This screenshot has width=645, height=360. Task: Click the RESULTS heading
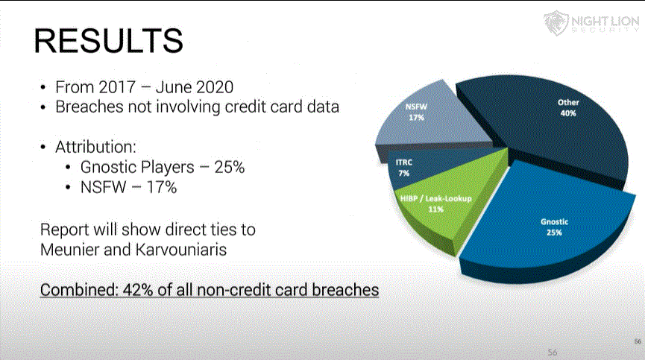[108, 41]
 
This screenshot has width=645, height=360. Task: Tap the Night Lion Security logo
[591, 22]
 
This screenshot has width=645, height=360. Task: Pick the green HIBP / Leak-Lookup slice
[444, 206]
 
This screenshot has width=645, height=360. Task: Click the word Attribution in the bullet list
[95, 147]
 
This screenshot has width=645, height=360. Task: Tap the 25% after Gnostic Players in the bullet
[230, 167]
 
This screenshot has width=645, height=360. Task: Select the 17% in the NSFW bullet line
[162, 187]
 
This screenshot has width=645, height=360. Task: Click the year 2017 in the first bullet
[117, 87]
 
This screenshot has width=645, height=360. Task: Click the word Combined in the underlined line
[79, 290]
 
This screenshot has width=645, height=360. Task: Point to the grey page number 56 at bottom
[553, 353]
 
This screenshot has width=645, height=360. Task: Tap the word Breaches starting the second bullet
[89, 107]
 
